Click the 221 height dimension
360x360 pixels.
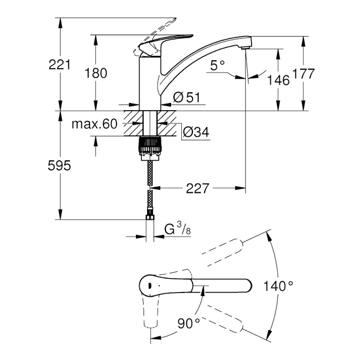59,64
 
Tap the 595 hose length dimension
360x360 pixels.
59,166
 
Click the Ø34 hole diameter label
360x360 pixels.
195,132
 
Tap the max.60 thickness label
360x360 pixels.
94,124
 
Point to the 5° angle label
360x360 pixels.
217,66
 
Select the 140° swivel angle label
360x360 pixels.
279,285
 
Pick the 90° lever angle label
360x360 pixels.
188,322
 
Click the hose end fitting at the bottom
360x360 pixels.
149,219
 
